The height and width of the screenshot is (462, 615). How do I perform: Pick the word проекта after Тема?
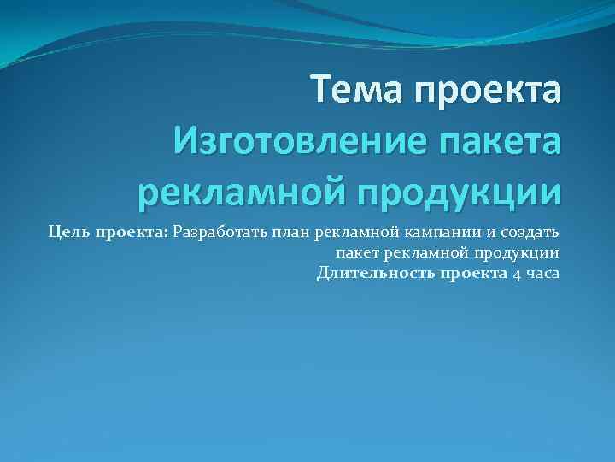coord(489,90)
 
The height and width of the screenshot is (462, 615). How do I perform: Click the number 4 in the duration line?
coord(516,274)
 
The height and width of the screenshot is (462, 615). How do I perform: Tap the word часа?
coord(542,274)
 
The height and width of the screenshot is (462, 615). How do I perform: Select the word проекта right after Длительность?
coord(474,274)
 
